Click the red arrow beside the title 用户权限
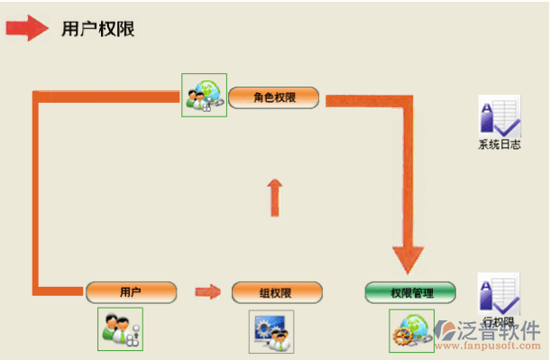27,28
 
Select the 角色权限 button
274,97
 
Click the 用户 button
131,291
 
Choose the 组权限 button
276,292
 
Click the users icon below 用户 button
120,328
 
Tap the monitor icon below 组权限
270,329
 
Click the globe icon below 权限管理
411,330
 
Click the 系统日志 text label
499,144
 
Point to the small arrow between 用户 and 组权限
208,291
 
